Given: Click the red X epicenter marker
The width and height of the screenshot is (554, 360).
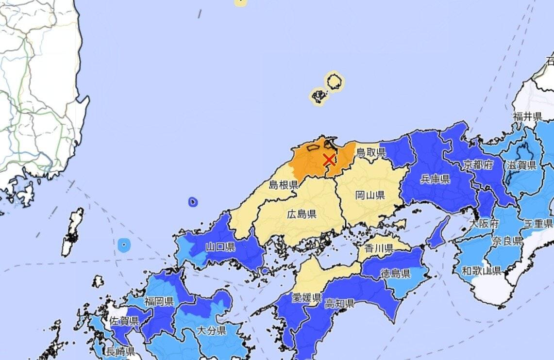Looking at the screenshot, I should pyautogui.click(x=329, y=160).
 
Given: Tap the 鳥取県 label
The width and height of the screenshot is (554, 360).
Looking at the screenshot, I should pyautogui.click(x=371, y=152).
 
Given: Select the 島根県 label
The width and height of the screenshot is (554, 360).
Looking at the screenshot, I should pyautogui.click(x=284, y=184).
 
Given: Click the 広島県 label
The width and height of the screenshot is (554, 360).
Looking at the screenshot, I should pyautogui.click(x=302, y=214).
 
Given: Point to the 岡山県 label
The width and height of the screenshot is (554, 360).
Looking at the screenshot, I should pyautogui.click(x=370, y=195).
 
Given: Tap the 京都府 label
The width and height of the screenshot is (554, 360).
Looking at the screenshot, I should pyautogui.click(x=478, y=164).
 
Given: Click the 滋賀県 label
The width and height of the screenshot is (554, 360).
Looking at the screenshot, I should pyautogui.click(x=521, y=165).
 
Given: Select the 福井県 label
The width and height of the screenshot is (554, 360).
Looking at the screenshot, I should pyautogui.click(x=527, y=116).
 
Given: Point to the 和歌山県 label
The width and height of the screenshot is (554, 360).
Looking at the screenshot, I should pyautogui.click(x=481, y=271).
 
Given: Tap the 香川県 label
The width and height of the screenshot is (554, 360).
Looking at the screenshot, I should pyautogui.click(x=378, y=248).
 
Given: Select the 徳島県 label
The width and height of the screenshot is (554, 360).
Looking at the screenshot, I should pyautogui.click(x=395, y=273).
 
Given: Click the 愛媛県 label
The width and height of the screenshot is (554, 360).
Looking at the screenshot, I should pyautogui.click(x=306, y=297).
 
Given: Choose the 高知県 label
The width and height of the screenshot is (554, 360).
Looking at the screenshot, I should pyautogui.click(x=339, y=304).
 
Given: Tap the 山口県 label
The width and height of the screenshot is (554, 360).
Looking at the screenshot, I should pyautogui.click(x=220, y=247).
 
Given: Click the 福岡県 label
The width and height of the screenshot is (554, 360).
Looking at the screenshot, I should pyautogui.click(x=159, y=302).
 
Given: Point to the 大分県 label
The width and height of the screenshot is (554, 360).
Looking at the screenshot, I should pyautogui.click(x=211, y=331).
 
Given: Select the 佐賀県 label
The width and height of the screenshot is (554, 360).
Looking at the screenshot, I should pyautogui.click(x=124, y=321).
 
